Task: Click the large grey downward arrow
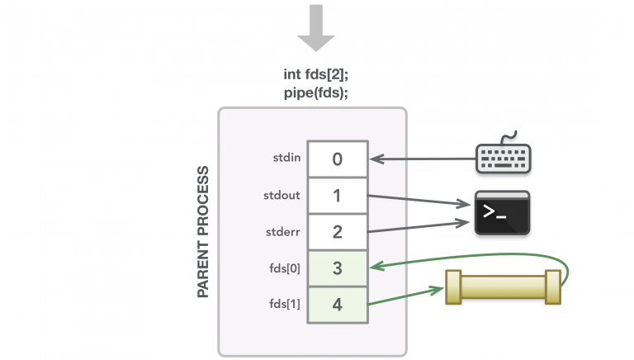click(x=316, y=27)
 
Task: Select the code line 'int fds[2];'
click(x=316, y=74)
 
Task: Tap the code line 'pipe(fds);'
click(x=316, y=92)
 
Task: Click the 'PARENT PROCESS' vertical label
click(x=203, y=232)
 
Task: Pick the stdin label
click(x=286, y=158)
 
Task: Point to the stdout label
click(x=282, y=196)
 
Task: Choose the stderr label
click(x=283, y=232)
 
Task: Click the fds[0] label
click(x=285, y=268)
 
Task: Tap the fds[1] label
click(x=285, y=304)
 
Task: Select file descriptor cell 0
click(x=338, y=159)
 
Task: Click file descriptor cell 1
click(x=338, y=196)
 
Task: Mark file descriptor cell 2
click(x=338, y=232)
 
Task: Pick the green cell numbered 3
click(x=338, y=268)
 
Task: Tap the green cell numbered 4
click(x=338, y=305)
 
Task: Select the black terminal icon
click(x=502, y=213)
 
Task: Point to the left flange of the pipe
click(x=453, y=287)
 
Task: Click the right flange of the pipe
click(x=553, y=287)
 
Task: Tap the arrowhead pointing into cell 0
click(x=376, y=159)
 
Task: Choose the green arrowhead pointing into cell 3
click(x=376, y=266)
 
